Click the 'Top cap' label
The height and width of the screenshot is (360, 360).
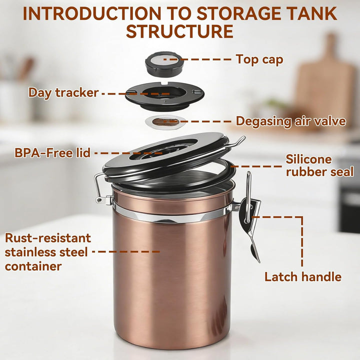259,59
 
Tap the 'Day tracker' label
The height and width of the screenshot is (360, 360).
63,93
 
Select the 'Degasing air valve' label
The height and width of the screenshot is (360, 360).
290,121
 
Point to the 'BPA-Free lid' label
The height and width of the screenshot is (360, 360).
52,152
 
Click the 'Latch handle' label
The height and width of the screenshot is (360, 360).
303,276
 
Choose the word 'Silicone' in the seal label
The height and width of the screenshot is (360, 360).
308,159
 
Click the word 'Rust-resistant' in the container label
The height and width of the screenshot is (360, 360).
48,238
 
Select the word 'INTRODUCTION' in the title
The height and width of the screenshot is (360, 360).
91,13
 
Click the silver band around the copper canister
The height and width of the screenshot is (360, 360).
172,214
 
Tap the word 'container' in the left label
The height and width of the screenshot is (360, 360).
33,266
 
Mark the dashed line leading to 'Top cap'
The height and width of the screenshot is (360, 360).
197,59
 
